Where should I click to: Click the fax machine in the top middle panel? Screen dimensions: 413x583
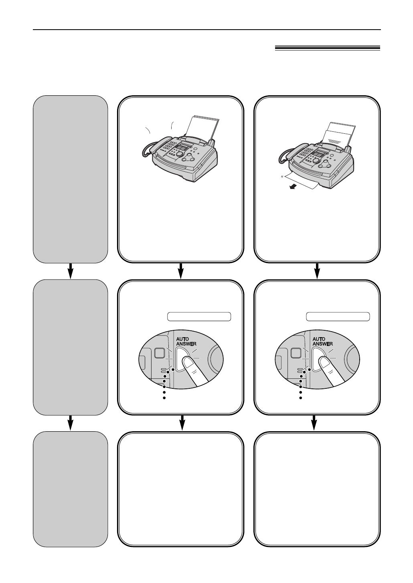pos(180,154)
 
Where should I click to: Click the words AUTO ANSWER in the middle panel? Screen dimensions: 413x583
pos(186,341)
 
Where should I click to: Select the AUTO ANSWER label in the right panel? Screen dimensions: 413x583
pos(323,341)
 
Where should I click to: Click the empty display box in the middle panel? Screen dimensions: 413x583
pos(198,317)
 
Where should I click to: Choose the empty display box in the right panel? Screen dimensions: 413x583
pos(338,317)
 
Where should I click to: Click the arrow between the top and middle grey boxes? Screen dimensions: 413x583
pos(71,271)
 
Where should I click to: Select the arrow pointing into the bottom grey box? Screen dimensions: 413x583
pos(71,423)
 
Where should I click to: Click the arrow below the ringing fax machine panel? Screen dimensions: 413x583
pos(181,271)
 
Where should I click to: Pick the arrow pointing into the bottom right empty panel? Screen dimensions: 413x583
pos(314,423)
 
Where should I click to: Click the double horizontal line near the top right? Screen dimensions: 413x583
pos(327,48)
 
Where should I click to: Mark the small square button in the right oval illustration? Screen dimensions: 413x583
pos(297,353)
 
